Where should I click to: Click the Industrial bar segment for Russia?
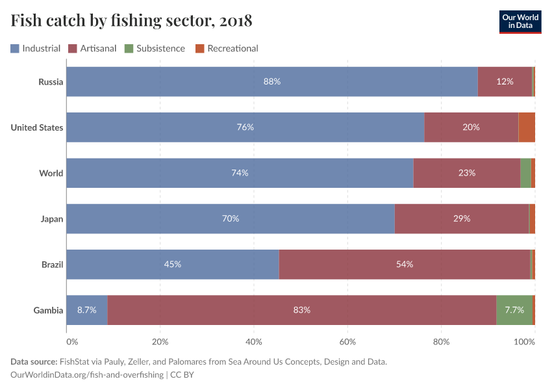[x=271, y=82]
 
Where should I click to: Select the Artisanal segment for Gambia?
[x=301, y=310]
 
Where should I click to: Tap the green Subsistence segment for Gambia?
[x=514, y=310]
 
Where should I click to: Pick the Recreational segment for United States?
[x=527, y=127]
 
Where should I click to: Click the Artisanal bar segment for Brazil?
[x=404, y=265]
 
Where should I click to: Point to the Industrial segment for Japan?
[x=230, y=219]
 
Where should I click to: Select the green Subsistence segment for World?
[x=525, y=174]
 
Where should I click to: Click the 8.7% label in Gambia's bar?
[x=86, y=310]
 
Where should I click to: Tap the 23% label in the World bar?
[x=466, y=174]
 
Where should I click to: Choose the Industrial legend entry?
[x=36, y=48]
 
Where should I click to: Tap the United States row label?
[x=37, y=127]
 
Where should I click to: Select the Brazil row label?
[x=52, y=265]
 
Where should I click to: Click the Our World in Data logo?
[x=520, y=21]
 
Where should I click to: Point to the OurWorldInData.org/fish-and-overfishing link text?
[x=87, y=375]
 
